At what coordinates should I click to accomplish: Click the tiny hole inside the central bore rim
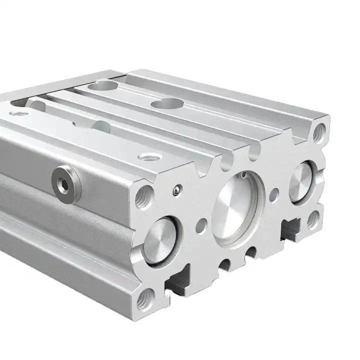(x=242, y=175)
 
